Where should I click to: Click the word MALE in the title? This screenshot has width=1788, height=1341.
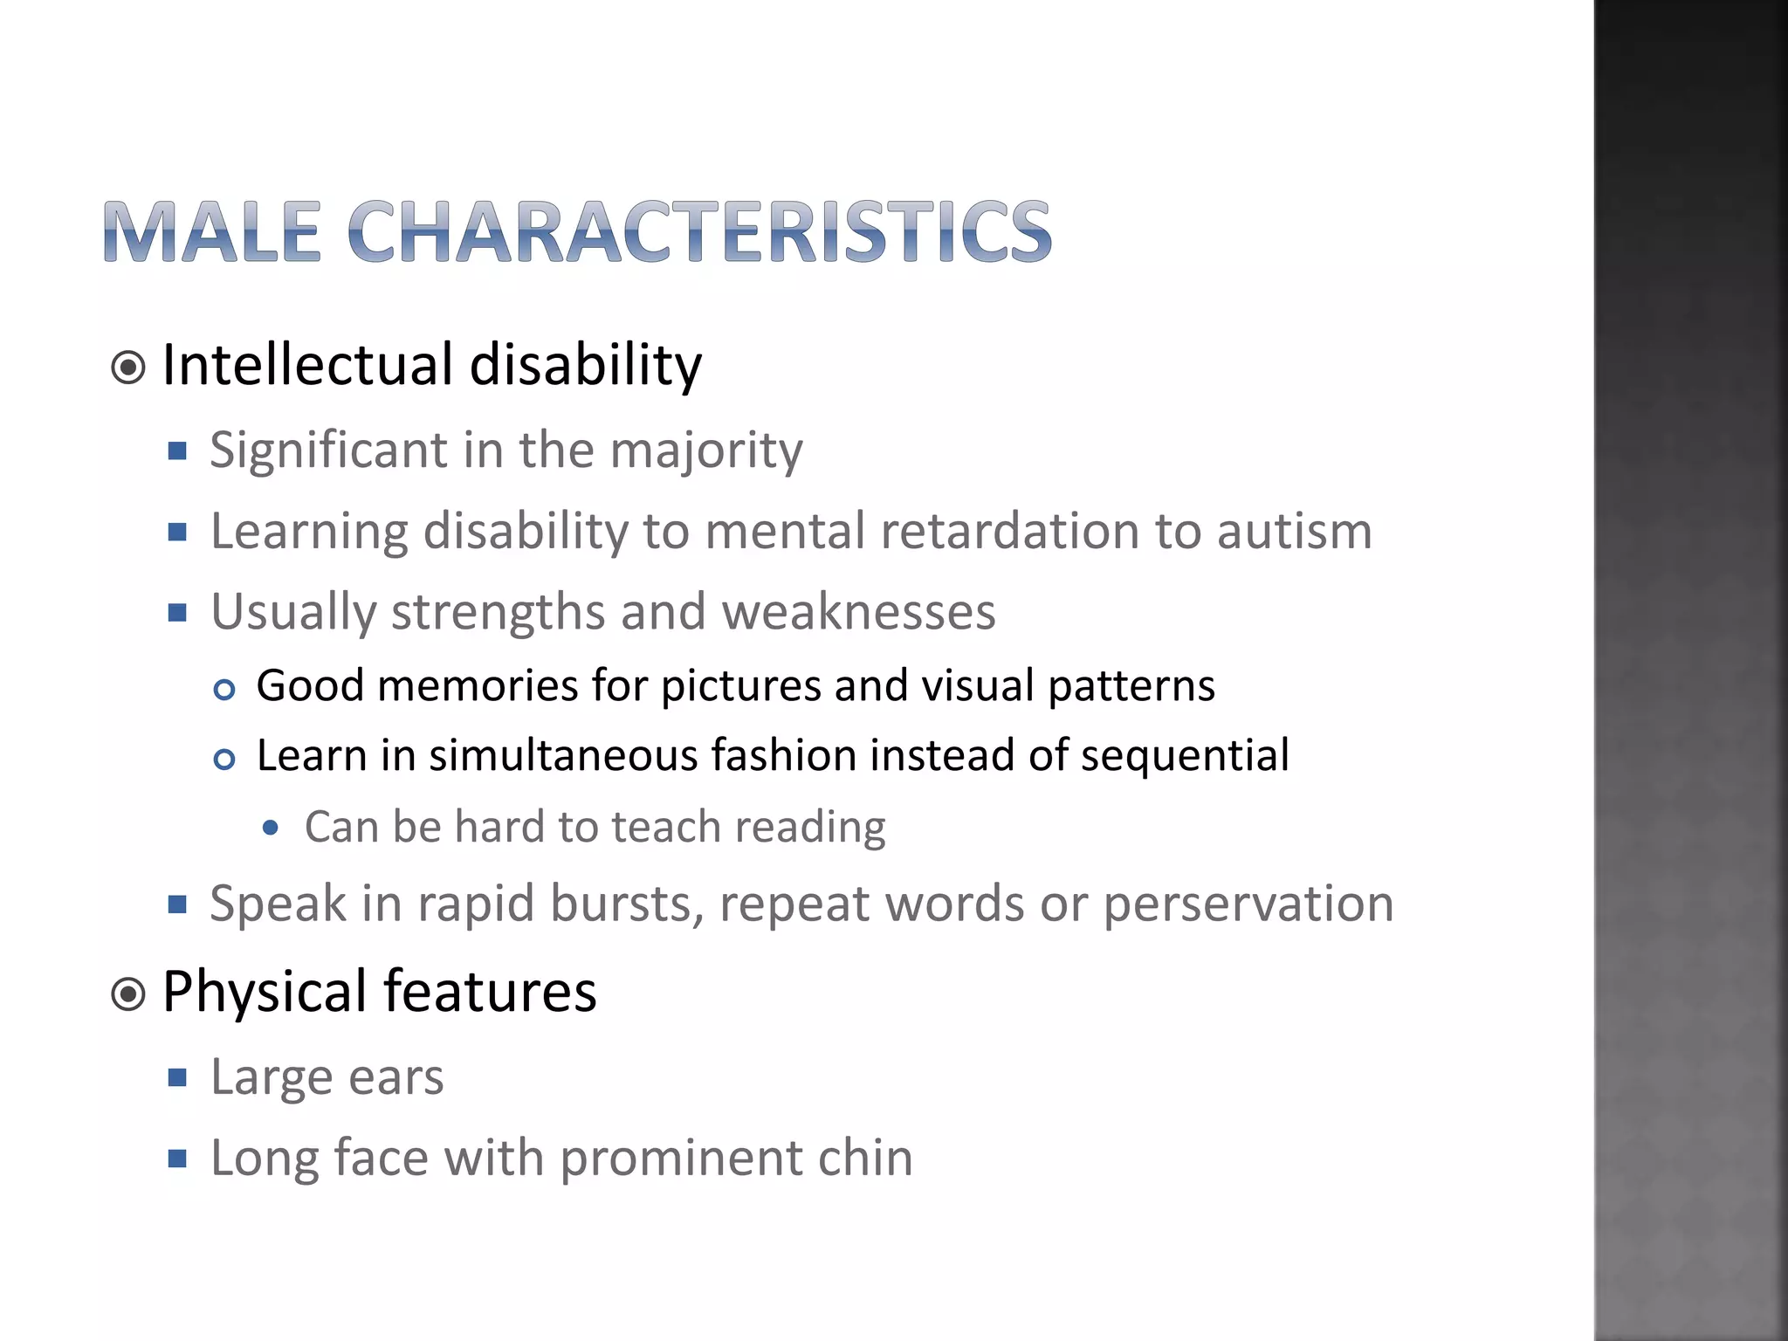(212, 232)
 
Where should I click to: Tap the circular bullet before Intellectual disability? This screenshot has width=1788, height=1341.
(128, 368)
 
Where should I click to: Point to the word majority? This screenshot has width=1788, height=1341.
(705, 451)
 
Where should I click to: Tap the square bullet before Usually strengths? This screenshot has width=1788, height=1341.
(178, 612)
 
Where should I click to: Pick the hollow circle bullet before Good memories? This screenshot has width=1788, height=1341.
(224, 691)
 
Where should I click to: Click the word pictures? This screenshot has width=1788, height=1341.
(740, 686)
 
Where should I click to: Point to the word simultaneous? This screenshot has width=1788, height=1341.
(563, 756)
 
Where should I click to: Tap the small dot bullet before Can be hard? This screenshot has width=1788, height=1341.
(271, 828)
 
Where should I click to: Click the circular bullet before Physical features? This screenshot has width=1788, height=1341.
(128, 994)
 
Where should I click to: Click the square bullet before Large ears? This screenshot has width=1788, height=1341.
(178, 1078)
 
